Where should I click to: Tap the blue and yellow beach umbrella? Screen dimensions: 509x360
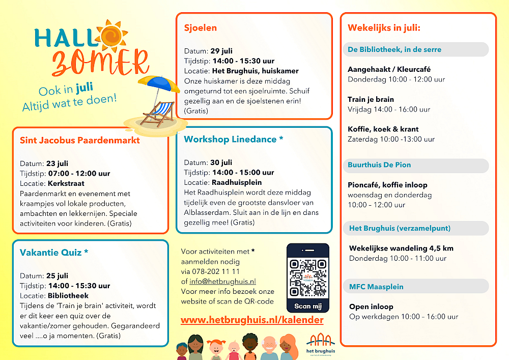click(x=159, y=84)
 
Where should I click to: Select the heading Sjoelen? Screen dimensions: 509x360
click(x=200, y=28)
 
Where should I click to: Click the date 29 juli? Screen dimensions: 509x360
click(x=221, y=51)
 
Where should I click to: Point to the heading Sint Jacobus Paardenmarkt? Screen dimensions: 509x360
click(x=79, y=140)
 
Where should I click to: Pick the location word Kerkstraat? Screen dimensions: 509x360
click(x=66, y=183)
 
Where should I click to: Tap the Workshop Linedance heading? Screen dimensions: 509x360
click(x=234, y=139)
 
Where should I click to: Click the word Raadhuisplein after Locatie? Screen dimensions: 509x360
click(x=237, y=182)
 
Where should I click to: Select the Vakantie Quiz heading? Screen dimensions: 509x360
click(x=54, y=253)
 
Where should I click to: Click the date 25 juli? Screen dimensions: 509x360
click(x=57, y=276)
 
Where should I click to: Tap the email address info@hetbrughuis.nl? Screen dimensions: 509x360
click(x=223, y=282)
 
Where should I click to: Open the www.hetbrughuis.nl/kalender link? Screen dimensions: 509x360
click(x=252, y=320)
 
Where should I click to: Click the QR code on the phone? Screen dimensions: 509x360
click(x=308, y=278)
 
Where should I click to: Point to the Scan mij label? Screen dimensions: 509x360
click(x=308, y=306)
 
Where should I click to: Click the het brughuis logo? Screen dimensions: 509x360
click(x=321, y=345)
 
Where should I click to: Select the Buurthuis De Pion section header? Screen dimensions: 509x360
click(x=379, y=165)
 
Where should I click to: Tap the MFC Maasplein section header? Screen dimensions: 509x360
click(x=376, y=287)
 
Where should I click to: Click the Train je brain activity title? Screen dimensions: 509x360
click(x=371, y=99)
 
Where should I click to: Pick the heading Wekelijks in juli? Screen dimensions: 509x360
click(x=384, y=28)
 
